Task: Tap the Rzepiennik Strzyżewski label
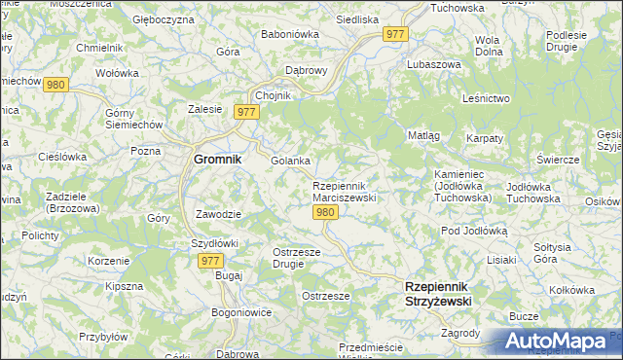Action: [x=437, y=294]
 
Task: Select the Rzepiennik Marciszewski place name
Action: [x=344, y=192]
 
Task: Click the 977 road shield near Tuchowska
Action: [x=395, y=34]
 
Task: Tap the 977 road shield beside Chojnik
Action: [x=245, y=113]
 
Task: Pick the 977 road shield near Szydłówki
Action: [x=211, y=261]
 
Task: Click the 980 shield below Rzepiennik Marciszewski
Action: [x=326, y=213]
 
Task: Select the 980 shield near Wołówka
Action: [x=55, y=85]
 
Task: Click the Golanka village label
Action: [x=290, y=161]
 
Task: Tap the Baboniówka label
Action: [x=284, y=34]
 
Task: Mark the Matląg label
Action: [x=423, y=135]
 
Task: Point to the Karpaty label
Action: [x=484, y=139]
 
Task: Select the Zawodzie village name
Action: [x=219, y=213]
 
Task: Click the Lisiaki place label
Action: [x=501, y=260]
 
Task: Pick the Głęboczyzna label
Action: [x=165, y=18]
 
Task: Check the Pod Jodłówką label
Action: [x=475, y=231]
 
